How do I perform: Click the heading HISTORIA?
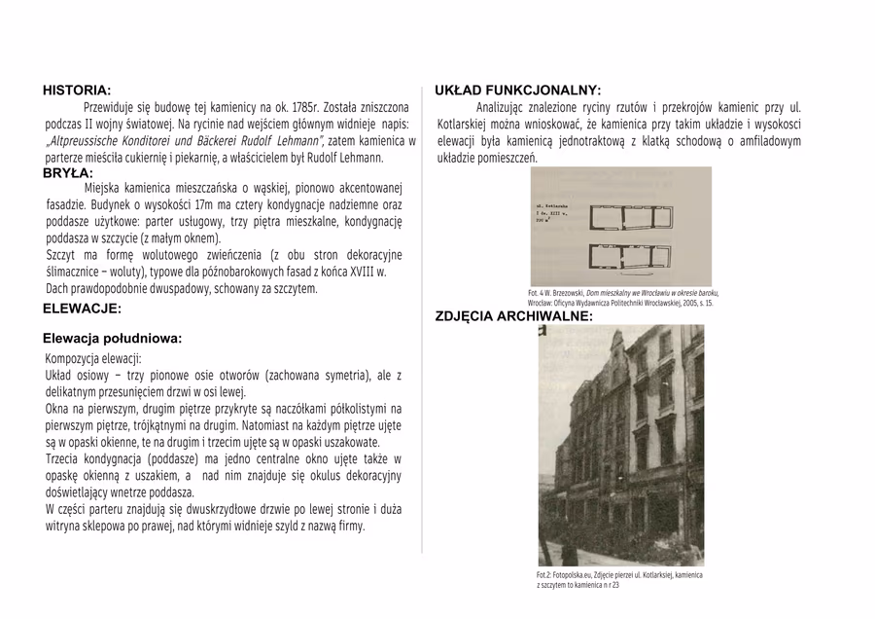pos(77,91)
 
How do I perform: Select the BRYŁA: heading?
pos(68,173)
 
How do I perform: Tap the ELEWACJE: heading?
pos(82,309)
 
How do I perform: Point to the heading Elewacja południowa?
pos(113,339)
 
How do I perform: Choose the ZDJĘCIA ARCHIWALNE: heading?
pos(513,317)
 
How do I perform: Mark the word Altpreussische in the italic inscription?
pos(87,141)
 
